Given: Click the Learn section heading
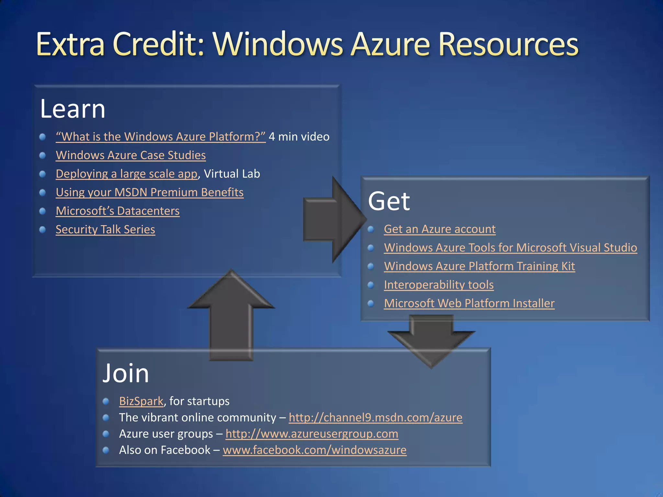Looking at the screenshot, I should pyautogui.click(x=73, y=109).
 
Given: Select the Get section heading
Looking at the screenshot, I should pyautogui.click(x=389, y=201).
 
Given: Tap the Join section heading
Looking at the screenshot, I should pyautogui.click(x=126, y=373).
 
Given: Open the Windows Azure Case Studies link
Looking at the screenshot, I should pyautogui.click(x=130, y=155).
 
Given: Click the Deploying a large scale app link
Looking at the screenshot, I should pyautogui.click(x=126, y=174).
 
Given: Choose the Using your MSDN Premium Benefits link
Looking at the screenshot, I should pyautogui.click(x=150, y=193).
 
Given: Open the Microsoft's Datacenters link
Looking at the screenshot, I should pyautogui.click(x=118, y=211).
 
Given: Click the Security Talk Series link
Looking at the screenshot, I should pyautogui.click(x=105, y=229).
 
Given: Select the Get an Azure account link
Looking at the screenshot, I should pyautogui.click(x=439, y=229).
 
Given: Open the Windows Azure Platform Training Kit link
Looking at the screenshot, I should pyautogui.click(x=479, y=266).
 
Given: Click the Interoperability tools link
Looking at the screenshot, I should pyautogui.click(x=438, y=285).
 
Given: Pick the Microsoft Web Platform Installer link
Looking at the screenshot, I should pyautogui.click(x=469, y=304).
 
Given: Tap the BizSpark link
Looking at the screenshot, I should pyautogui.click(x=141, y=401).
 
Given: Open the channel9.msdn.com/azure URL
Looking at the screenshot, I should pyautogui.click(x=375, y=417).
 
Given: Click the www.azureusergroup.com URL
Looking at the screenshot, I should pyautogui.click(x=311, y=434).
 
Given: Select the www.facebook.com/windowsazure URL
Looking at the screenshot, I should pyautogui.click(x=314, y=450).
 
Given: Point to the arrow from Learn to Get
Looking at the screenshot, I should pyautogui.click(x=333, y=220).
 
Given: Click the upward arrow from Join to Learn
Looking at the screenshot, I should pyautogui.click(x=231, y=317).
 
